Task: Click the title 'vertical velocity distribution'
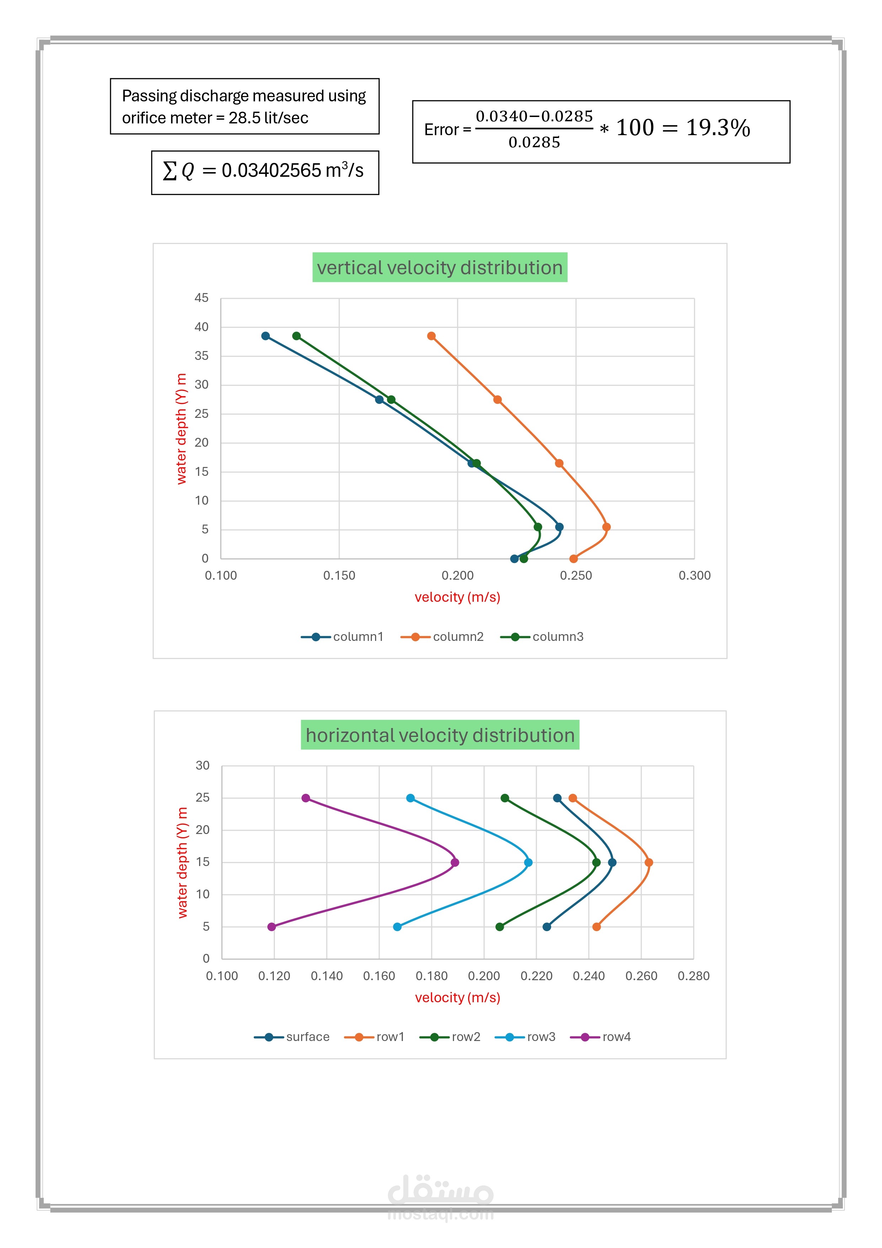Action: (440, 267)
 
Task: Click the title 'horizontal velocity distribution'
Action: (440, 735)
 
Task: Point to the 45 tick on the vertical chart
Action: (202, 298)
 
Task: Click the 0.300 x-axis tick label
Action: (694, 575)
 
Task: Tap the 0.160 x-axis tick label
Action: (379, 976)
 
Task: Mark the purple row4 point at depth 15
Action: (455, 862)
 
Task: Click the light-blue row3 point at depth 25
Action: (410, 798)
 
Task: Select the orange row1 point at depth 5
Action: (596, 927)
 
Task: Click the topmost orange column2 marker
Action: (431, 336)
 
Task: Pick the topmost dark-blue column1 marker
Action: (265, 336)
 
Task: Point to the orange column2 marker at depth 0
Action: (573, 559)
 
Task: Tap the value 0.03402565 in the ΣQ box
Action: (271, 171)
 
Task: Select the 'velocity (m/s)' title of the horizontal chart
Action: (458, 997)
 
